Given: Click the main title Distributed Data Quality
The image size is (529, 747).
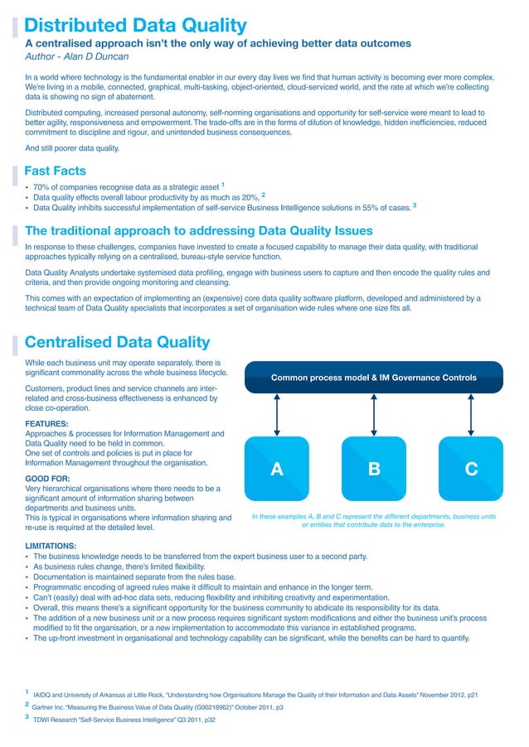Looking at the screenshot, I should pos(136,26).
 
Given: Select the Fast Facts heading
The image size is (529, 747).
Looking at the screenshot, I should pos(56,171).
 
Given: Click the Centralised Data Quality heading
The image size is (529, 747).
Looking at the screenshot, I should pos(118,342).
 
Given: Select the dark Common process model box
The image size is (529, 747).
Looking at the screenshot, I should pos(374,378).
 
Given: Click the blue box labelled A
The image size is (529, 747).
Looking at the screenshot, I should pos(277,470).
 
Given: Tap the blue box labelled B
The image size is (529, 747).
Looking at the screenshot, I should pos(374,470).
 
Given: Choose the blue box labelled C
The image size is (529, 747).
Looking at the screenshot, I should pos(471,470).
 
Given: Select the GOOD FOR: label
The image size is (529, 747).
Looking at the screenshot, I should pos(47,479).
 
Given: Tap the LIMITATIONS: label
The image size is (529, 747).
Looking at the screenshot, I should pos(51,547).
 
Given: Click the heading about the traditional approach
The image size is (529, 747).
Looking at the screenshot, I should pos(199,230).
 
